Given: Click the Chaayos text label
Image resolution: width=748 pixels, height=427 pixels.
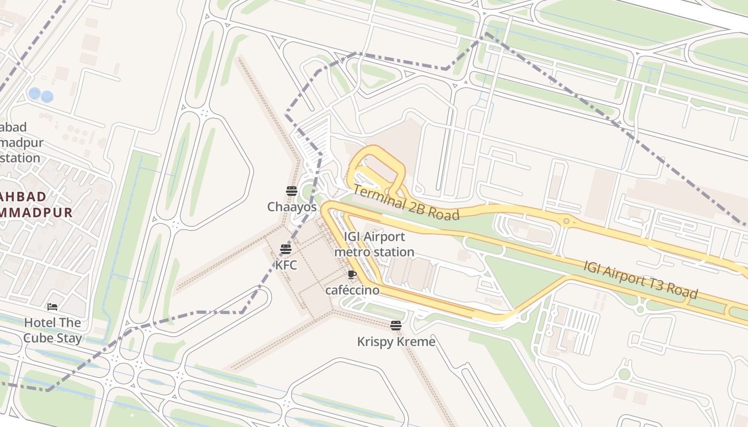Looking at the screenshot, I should click(x=292, y=207).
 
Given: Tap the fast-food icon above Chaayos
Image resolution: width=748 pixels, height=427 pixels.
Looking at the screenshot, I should click(x=291, y=191).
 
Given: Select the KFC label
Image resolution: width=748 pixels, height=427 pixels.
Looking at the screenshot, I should click(x=286, y=265).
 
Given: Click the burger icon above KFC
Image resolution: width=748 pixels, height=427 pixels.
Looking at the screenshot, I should click(x=285, y=249).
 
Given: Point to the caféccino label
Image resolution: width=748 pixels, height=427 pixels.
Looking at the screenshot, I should click(x=352, y=290).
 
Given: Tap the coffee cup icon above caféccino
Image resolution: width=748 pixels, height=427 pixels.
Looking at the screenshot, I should click(x=352, y=275).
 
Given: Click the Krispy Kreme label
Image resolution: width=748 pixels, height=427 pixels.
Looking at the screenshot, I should click(x=396, y=342).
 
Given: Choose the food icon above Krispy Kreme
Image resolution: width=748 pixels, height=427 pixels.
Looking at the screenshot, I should click(x=395, y=326).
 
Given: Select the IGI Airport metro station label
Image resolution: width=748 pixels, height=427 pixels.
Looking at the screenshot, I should click(x=374, y=244).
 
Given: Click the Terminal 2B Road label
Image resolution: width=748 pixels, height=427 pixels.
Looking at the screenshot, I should click(x=406, y=203).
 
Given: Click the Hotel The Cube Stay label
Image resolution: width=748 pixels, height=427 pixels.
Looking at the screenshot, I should click(x=52, y=330).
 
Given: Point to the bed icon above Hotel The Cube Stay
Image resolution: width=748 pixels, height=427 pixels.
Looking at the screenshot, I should click(x=52, y=307).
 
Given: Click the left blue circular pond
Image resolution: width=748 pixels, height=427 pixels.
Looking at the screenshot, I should click(x=35, y=94).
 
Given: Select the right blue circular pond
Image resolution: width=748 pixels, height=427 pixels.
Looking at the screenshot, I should click(x=47, y=97).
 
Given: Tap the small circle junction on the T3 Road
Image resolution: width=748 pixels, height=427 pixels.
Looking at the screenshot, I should click(x=566, y=220).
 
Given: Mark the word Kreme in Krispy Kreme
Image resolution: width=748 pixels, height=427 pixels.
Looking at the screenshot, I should click(x=417, y=342).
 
